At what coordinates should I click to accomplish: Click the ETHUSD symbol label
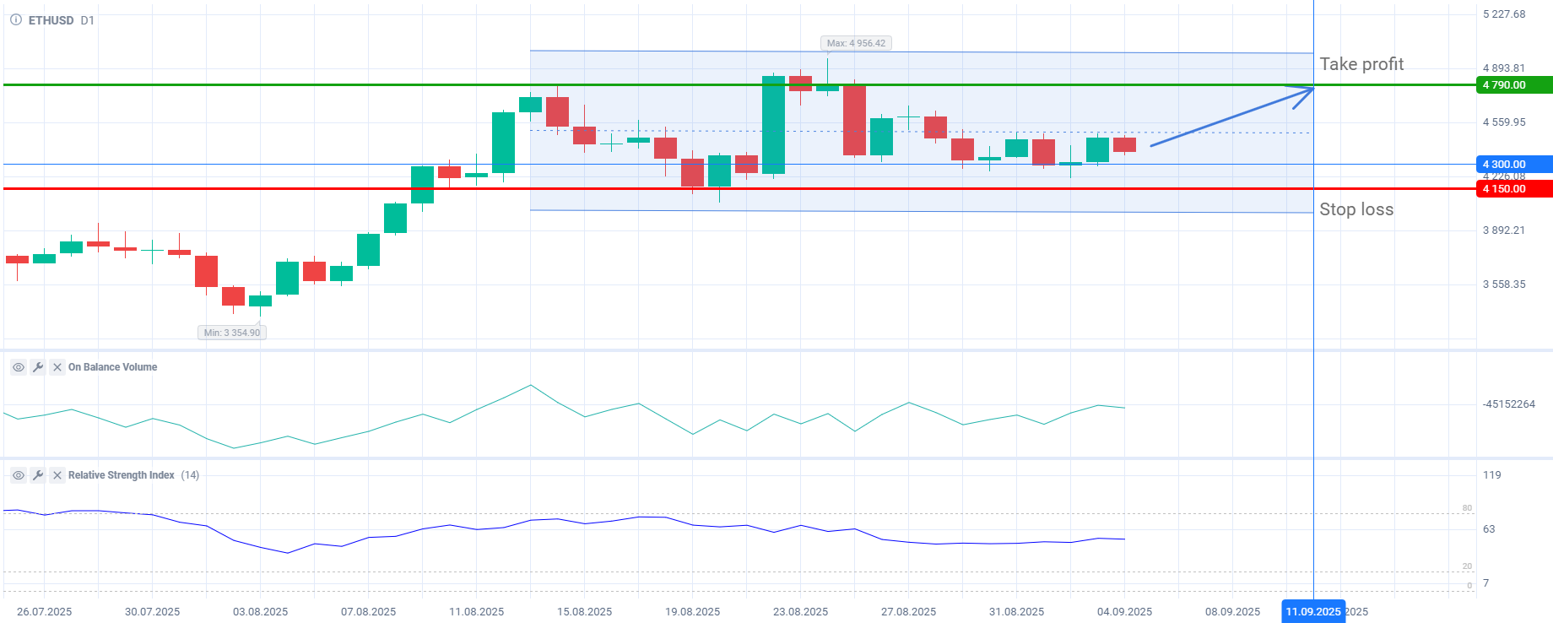coord(51,20)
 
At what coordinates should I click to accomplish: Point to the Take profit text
coord(1361,64)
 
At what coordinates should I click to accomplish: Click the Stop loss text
coord(1356,209)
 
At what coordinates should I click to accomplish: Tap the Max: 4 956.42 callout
coord(856,43)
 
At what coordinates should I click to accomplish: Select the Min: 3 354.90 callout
coord(232,333)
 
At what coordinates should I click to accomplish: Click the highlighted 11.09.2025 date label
coord(1312,612)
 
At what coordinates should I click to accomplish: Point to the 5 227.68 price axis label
coord(1504,14)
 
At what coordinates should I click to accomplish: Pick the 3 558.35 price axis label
coord(1504,284)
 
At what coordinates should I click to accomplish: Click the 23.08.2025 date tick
coord(800,612)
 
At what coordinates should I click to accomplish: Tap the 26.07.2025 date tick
coord(44,612)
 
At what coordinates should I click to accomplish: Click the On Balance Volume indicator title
coord(112,367)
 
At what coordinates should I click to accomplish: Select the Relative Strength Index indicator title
coord(122,475)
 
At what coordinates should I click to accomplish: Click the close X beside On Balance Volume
coord(57,367)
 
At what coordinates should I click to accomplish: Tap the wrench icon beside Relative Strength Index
coord(38,475)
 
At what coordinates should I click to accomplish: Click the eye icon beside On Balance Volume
coord(18,367)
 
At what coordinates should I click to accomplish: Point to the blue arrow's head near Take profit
coord(1312,89)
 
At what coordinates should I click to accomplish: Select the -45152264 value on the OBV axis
coord(1508,404)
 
